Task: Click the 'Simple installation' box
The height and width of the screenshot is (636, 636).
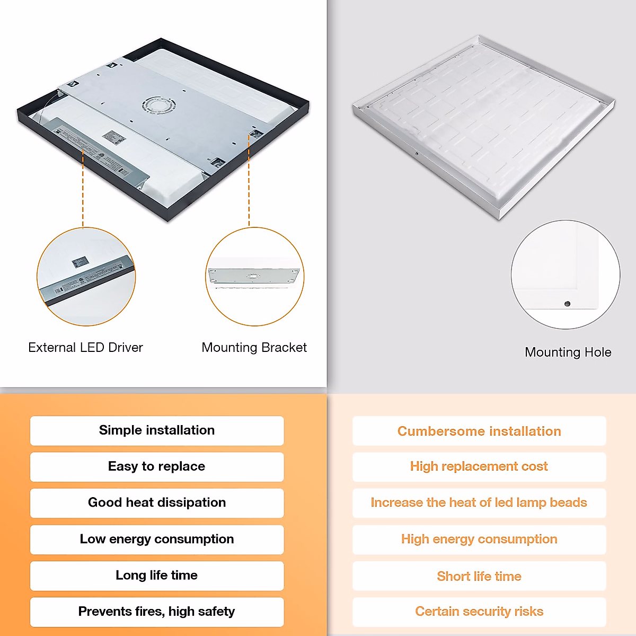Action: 157,430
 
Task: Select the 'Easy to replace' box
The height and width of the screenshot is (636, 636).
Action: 157,466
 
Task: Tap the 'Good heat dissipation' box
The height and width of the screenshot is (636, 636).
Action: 157,502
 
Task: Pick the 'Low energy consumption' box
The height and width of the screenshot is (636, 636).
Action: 157,539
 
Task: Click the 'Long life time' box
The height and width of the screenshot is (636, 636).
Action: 157,576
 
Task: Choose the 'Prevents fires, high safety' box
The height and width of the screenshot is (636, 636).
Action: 157,612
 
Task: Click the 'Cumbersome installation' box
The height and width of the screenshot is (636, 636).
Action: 479,431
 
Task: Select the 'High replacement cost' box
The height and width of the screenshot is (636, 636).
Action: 479,466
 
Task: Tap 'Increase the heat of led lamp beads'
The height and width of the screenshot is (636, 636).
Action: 479,502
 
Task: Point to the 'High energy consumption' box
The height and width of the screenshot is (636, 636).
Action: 479,539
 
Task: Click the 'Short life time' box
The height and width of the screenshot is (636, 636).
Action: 479,576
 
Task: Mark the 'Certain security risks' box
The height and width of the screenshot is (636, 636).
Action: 479,612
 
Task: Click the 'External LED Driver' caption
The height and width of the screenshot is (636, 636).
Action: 85,348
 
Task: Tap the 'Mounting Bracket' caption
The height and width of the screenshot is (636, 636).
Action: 254,348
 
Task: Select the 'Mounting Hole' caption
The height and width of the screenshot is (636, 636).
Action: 568,352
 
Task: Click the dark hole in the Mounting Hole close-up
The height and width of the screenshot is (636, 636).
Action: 567,304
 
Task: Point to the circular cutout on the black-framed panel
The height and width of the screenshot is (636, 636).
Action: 157,104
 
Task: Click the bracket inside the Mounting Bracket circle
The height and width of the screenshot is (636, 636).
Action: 253,276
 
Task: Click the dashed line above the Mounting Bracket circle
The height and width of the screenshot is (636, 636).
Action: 249,180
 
